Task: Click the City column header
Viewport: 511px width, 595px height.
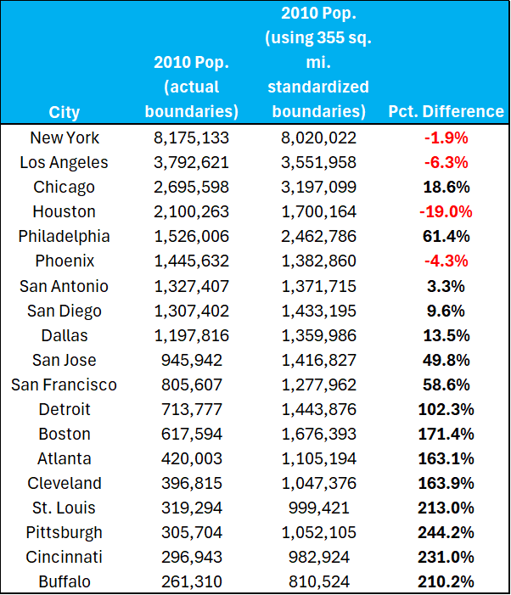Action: click(x=65, y=111)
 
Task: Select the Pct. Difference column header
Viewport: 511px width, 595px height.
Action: click(x=446, y=111)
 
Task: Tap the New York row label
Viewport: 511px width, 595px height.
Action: click(x=65, y=138)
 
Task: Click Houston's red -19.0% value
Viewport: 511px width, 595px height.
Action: click(x=446, y=211)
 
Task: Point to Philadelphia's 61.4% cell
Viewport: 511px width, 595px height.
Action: click(x=446, y=236)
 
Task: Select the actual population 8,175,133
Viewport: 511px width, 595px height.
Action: click(x=192, y=138)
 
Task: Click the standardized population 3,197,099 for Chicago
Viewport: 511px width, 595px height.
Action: click(x=318, y=187)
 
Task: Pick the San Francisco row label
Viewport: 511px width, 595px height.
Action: click(x=65, y=385)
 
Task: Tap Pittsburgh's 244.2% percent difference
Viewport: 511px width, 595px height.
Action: click(x=446, y=532)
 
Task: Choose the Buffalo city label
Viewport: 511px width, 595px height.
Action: click(x=65, y=582)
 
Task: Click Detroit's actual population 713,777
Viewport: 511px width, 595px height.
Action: click(x=192, y=409)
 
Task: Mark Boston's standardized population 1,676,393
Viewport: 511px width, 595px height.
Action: click(x=318, y=434)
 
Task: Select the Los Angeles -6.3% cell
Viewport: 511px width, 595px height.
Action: click(x=446, y=162)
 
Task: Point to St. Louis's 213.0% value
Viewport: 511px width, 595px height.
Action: click(x=446, y=508)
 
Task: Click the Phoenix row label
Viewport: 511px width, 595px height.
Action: click(x=65, y=261)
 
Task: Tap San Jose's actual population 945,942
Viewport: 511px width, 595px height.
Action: click(x=192, y=360)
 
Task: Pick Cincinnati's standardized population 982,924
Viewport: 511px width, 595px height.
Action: click(x=318, y=557)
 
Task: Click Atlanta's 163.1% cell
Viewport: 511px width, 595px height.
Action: click(x=446, y=458)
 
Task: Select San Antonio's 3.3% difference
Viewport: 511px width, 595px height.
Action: click(x=446, y=285)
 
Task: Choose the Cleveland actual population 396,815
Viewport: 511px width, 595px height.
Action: click(x=192, y=483)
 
